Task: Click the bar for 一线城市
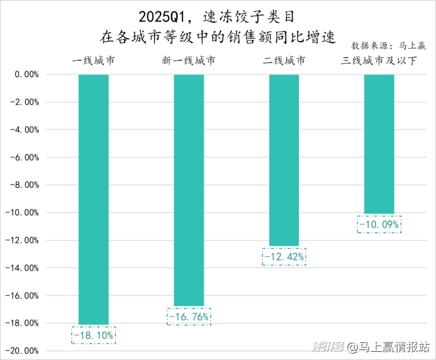[x=94, y=199]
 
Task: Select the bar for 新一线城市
[x=189, y=189]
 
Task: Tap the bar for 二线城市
[x=284, y=160]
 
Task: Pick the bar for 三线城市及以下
[x=379, y=144]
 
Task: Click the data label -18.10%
[x=94, y=335]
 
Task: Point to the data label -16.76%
[x=189, y=316]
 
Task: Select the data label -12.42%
[x=284, y=256]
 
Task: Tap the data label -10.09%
[x=379, y=224]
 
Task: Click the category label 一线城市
[x=94, y=61]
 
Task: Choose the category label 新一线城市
[x=188, y=61]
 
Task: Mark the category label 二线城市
[x=284, y=61]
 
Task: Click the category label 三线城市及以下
[x=378, y=61]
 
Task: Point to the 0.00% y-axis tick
[x=27, y=75]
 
